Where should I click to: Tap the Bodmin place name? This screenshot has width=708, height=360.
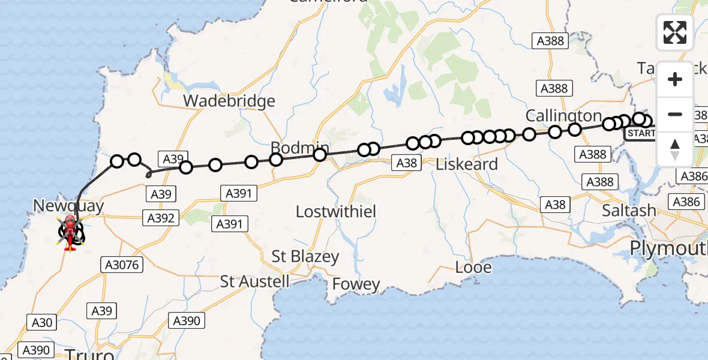299,148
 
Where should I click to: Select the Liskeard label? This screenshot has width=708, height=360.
467,164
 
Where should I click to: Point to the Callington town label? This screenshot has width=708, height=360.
563,115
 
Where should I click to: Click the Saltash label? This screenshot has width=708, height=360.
629,211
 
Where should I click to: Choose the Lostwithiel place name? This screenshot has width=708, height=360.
344,211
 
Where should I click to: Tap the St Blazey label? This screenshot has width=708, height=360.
305,257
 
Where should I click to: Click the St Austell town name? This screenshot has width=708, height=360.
254,281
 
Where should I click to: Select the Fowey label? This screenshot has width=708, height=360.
356,284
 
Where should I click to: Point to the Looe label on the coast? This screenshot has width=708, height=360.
473,267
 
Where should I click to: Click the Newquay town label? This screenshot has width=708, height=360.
68,206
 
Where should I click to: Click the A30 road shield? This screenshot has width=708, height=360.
42,322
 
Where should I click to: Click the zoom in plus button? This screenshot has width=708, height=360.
675,80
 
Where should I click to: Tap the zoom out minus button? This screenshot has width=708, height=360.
675,114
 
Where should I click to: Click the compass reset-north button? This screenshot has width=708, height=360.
675,148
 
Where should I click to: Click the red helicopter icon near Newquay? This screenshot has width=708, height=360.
70,233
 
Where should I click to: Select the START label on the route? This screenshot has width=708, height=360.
640,133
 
